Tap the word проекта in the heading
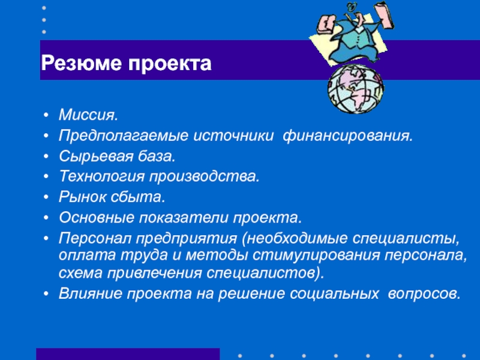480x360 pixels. (x=170, y=64)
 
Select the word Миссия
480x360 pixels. (x=88, y=115)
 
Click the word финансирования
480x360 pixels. (x=348, y=136)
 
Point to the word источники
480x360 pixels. (x=233, y=136)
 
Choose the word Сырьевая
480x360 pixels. (x=96, y=157)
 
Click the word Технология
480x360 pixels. (x=101, y=176)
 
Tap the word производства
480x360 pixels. (x=205, y=176)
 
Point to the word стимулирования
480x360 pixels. (x=317, y=256)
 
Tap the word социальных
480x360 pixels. (x=334, y=293)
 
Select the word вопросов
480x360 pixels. (x=424, y=294)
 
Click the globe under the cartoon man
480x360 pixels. (x=356, y=89)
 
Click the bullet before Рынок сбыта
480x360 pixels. (x=46, y=197)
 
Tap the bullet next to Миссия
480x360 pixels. (x=46, y=115)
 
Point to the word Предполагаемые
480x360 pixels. (x=124, y=136)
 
